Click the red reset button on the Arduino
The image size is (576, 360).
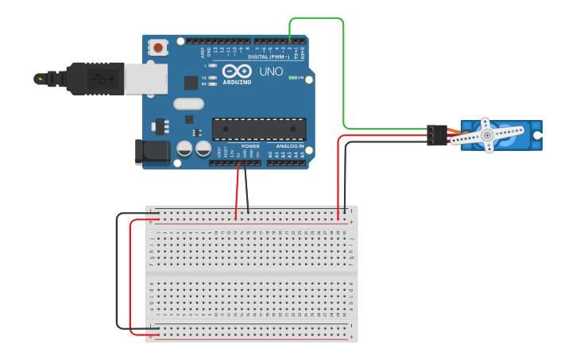click(x=159, y=48)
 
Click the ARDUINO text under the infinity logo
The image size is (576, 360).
click(x=237, y=82)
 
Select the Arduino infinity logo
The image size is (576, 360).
click(x=237, y=71)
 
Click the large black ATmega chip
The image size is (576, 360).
click(x=258, y=129)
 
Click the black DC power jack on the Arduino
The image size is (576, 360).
click(x=152, y=152)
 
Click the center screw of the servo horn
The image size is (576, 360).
click(x=487, y=136)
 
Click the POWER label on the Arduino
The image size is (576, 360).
click(x=250, y=146)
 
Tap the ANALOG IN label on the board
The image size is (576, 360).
click(x=290, y=146)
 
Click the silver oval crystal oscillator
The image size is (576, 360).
click(x=188, y=103)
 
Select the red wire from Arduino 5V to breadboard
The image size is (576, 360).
click(x=237, y=191)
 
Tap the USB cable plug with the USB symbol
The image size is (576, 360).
click(x=99, y=79)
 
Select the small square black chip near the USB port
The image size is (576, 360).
click(x=191, y=82)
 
